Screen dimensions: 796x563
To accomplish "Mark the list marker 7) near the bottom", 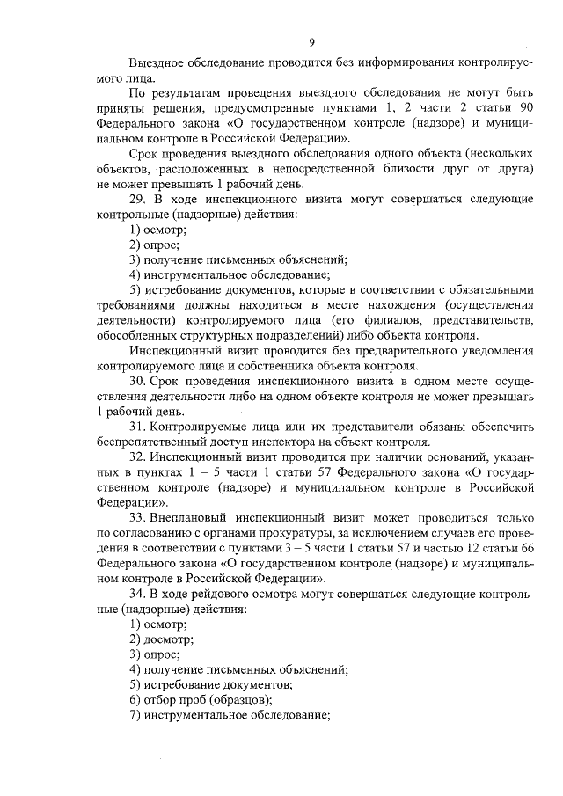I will click(135, 716).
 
